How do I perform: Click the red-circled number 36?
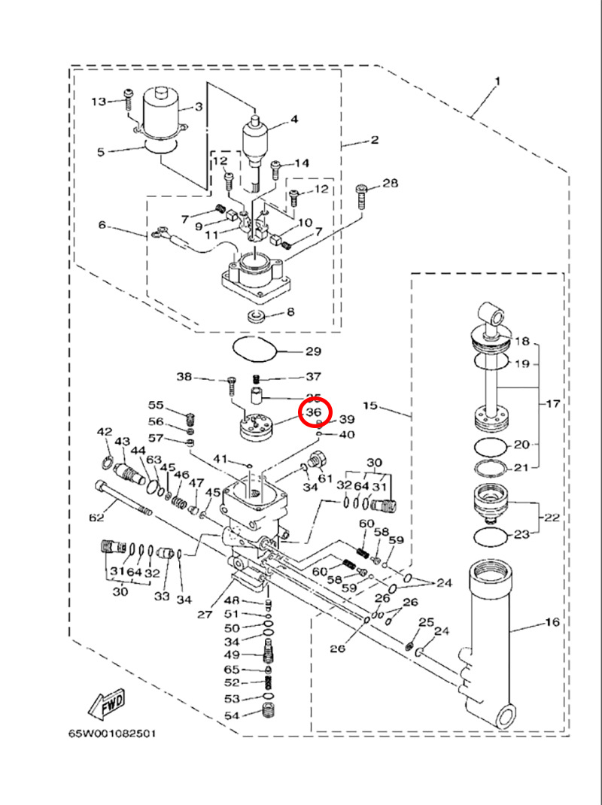(x=314, y=413)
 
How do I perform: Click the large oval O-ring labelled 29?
(x=254, y=349)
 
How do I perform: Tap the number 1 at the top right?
(x=497, y=80)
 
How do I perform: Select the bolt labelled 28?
(x=363, y=196)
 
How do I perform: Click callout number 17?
(x=553, y=404)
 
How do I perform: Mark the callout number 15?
(x=369, y=406)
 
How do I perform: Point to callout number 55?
(x=155, y=405)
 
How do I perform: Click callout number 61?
(x=325, y=478)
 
